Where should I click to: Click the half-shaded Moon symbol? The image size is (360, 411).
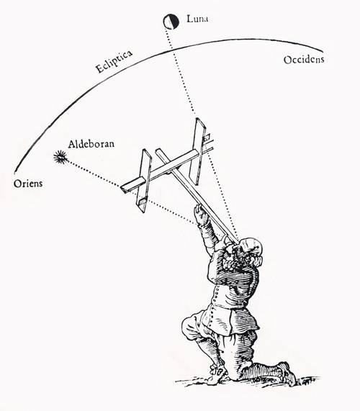[171, 22]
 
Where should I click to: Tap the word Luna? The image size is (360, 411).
[197, 19]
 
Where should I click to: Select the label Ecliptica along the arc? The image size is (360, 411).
[114, 62]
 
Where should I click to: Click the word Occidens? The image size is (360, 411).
[304, 60]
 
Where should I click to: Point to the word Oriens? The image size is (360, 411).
[28, 184]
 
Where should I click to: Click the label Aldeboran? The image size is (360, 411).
[91, 144]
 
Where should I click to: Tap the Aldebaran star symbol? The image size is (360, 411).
[60, 157]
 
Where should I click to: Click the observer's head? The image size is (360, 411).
[251, 249]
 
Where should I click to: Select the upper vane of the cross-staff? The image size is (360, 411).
[199, 151]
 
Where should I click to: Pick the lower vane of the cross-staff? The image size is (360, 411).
[145, 181]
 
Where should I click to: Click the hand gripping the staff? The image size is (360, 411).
[201, 214]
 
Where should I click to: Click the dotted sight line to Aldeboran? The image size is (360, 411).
[131, 191]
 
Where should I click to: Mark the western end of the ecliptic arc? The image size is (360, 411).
[322, 50]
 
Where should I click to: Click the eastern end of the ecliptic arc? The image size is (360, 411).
[15, 172]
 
